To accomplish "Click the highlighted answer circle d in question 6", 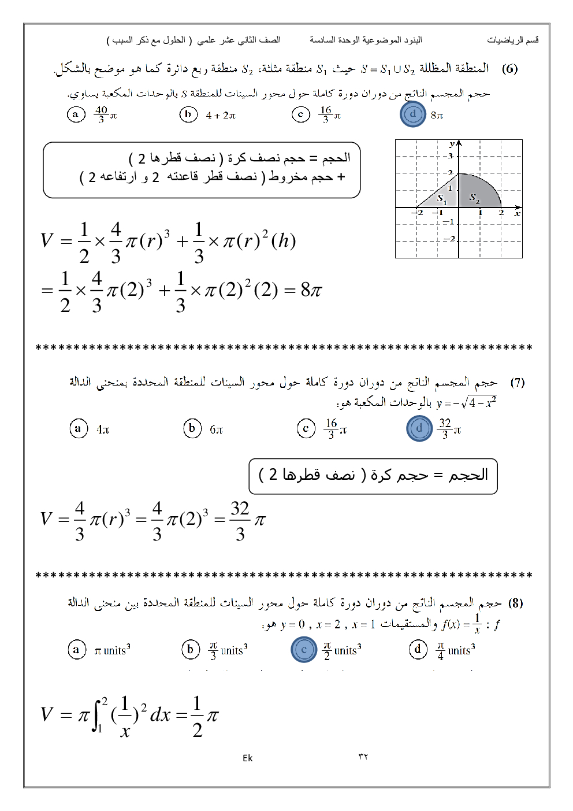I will (412, 114).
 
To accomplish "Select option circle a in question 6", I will (76, 114).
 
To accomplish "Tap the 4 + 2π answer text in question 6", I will (221, 115).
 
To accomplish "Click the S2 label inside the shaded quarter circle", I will (474, 198).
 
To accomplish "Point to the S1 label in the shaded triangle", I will (442, 199).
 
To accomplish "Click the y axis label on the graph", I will (452, 143).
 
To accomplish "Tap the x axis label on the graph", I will (517, 213).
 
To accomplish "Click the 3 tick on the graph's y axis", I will (451, 156).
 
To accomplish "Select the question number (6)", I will (509, 69).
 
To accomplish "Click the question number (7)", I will (517, 382).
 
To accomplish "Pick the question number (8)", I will (515, 603).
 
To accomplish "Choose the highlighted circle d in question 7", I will (419, 428).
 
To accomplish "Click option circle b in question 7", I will (192, 428).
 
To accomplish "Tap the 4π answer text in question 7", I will (103, 429).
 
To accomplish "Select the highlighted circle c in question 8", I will (304, 650).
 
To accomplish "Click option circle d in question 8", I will (418, 650).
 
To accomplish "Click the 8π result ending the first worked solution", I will (311, 290).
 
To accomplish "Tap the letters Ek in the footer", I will (247, 758).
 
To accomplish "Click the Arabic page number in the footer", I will (363, 757).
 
